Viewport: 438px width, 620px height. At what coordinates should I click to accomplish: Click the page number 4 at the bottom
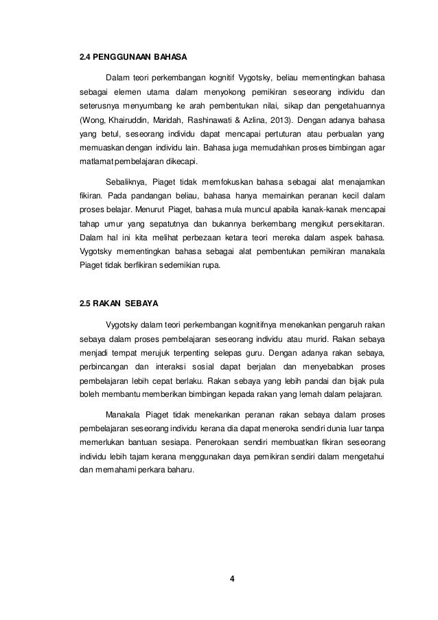[232, 577]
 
